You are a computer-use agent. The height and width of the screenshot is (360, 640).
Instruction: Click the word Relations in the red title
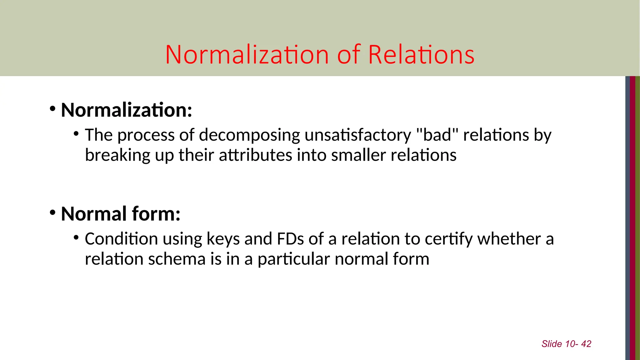[421, 55]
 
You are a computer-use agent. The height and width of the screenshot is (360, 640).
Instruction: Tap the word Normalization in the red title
[247, 55]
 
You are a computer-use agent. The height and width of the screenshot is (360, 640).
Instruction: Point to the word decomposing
[249, 135]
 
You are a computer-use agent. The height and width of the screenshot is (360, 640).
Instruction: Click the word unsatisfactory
[358, 135]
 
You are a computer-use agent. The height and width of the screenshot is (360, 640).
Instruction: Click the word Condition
[121, 239]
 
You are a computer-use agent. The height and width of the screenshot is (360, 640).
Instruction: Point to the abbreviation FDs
[290, 239]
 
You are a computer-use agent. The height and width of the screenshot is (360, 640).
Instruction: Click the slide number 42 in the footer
[586, 344]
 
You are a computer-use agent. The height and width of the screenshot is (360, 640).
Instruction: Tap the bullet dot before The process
[76, 134]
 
